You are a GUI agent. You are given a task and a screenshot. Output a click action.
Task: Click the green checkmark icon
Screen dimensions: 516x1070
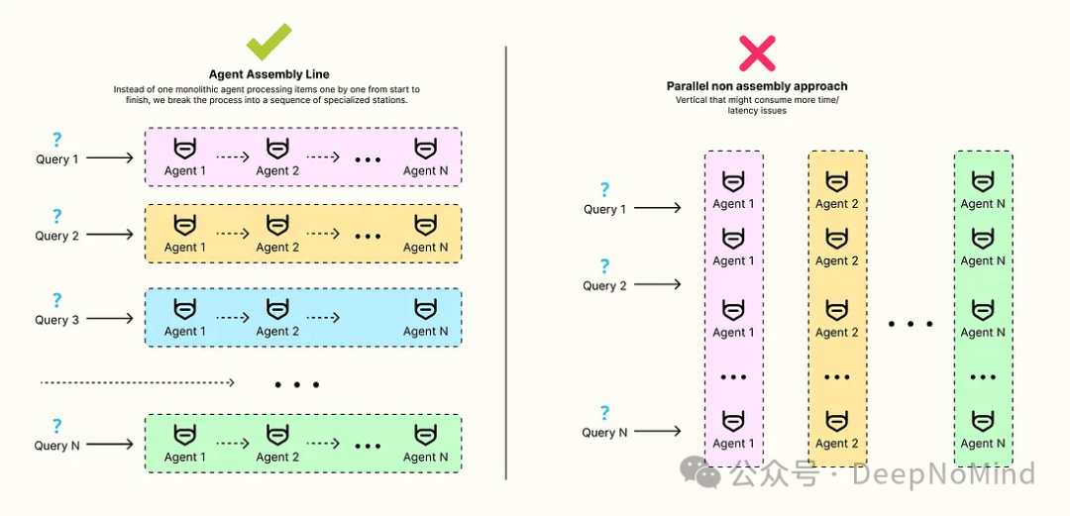(268, 42)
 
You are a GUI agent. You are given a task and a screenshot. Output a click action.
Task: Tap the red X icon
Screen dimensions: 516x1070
(757, 52)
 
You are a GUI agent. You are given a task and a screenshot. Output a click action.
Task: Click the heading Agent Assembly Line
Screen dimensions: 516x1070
(268, 74)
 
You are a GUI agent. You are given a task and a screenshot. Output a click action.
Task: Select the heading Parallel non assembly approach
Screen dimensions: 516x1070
(757, 86)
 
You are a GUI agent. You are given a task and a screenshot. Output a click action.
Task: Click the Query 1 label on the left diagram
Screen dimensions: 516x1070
(57, 158)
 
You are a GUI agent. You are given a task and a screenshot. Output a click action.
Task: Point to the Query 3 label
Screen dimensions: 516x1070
(56, 320)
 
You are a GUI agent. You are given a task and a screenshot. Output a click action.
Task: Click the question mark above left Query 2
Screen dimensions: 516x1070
(56, 216)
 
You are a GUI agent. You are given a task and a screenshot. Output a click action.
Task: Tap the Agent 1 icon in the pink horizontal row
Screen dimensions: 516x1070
(185, 150)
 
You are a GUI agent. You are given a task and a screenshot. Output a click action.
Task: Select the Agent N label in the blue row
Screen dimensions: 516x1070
(425, 332)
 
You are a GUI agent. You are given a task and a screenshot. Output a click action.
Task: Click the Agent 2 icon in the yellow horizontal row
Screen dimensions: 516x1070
(277, 226)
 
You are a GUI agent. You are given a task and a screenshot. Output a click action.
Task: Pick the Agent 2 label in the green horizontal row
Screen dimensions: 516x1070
(277, 458)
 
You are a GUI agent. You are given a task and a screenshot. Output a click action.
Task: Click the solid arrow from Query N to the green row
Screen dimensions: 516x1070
(110, 444)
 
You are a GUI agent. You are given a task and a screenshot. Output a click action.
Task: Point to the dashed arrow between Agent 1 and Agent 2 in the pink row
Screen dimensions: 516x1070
(231, 155)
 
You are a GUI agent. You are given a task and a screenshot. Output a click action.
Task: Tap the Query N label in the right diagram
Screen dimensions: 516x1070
(604, 432)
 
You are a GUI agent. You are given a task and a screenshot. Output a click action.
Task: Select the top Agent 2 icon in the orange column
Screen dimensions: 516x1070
(837, 182)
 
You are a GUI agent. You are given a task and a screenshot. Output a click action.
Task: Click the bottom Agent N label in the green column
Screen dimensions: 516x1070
(983, 444)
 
